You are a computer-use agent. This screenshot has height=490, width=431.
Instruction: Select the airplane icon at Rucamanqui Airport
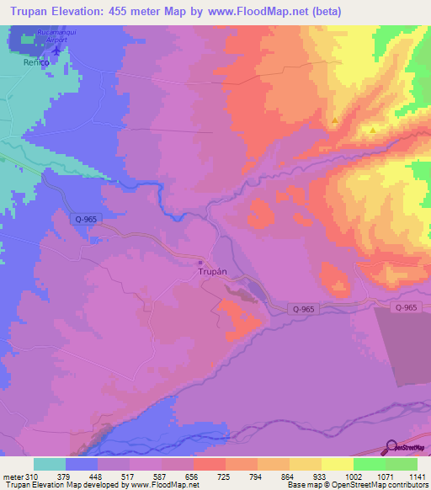[x=56, y=51]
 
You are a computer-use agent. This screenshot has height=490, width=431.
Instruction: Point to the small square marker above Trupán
[x=200, y=259]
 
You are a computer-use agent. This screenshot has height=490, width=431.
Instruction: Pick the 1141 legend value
[x=417, y=476]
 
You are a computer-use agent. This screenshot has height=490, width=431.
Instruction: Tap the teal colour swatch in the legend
[x=50, y=464]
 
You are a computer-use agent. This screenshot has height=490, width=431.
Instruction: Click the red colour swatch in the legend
[x=209, y=464]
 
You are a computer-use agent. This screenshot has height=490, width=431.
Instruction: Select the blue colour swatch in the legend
[x=82, y=464]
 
